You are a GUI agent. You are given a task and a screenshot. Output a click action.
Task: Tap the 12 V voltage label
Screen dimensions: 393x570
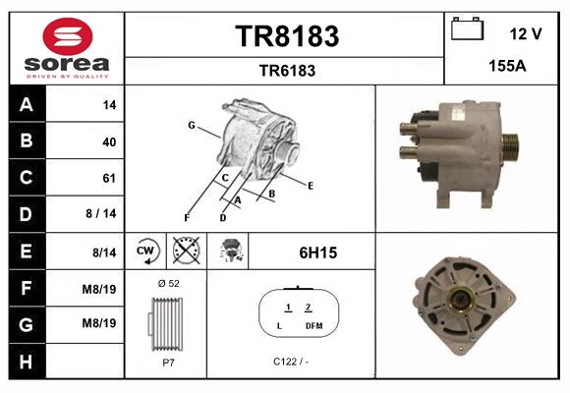[x=526, y=34]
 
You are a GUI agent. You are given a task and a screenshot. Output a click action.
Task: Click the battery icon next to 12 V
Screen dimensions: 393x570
[x=467, y=30]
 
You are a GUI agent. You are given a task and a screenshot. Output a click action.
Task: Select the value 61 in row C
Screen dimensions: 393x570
[x=109, y=178]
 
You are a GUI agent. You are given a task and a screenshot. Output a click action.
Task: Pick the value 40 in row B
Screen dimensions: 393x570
[x=109, y=141]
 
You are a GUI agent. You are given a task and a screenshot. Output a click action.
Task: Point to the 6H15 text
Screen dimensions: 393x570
[x=317, y=253]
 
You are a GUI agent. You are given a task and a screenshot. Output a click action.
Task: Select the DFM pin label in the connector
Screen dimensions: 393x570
[x=313, y=324]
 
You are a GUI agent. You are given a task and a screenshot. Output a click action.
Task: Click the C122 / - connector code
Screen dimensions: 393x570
[x=291, y=362]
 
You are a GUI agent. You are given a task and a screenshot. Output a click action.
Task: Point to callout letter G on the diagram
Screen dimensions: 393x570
[x=191, y=125]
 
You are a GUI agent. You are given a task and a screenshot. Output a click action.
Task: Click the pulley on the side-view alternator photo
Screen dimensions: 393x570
[x=510, y=148]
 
